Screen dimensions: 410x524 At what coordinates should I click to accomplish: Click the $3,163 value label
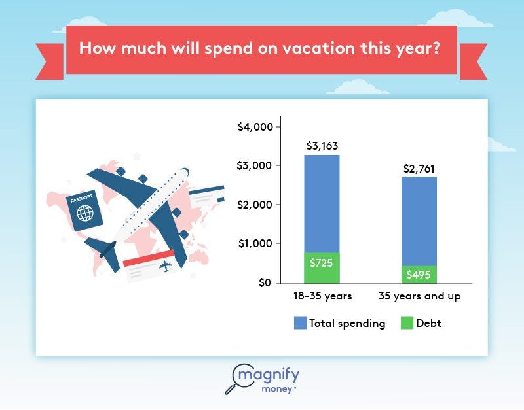coord(322,146)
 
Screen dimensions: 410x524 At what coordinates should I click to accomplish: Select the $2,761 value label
coord(419,169)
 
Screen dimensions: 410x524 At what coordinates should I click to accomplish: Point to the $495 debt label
coord(419,275)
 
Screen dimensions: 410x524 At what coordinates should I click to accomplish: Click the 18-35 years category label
coord(322,296)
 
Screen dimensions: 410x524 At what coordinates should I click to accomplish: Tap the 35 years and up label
coord(420,296)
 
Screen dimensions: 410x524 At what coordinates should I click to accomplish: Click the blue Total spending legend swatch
coord(300,323)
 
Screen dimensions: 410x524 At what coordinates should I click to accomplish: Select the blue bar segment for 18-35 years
coord(322,203)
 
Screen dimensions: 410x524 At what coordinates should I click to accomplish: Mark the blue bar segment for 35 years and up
coord(419,221)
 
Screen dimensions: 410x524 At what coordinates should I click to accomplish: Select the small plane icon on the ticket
coord(164,266)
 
